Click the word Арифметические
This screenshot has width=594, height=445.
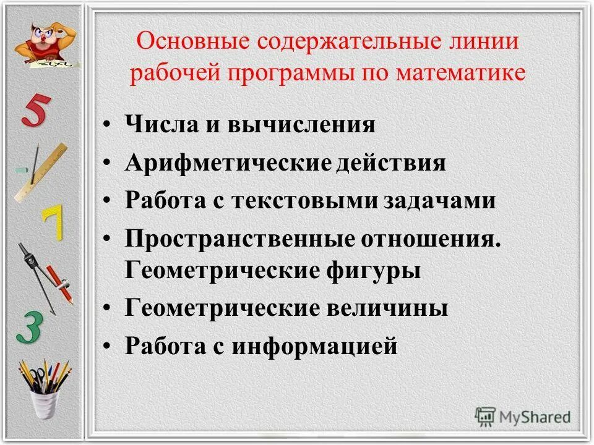tap(227, 163)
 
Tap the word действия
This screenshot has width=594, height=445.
tap(392, 163)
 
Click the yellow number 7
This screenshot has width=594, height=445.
tap(53, 224)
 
